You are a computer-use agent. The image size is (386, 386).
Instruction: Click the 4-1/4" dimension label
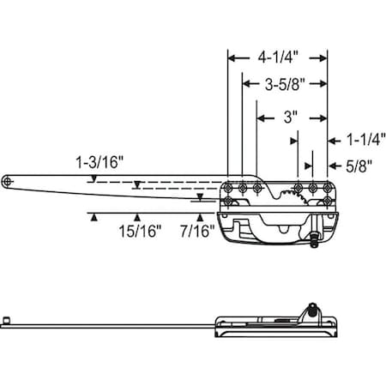pyautogui.click(x=276, y=58)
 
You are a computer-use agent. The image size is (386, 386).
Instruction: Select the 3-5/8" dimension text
pyautogui.click(x=283, y=84)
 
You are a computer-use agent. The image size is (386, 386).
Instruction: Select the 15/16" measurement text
pyautogui.click(x=136, y=229)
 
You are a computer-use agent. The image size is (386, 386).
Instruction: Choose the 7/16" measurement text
pyautogui.click(x=196, y=229)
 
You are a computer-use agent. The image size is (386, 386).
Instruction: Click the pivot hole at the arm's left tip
pyautogui.click(x=9, y=182)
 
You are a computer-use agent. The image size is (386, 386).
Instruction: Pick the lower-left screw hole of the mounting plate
pyautogui.click(x=229, y=202)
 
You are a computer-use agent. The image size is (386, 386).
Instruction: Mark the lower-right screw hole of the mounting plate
pyautogui.click(x=329, y=202)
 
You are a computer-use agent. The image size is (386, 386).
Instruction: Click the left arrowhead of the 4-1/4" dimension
pyautogui.click(x=231, y=58)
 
